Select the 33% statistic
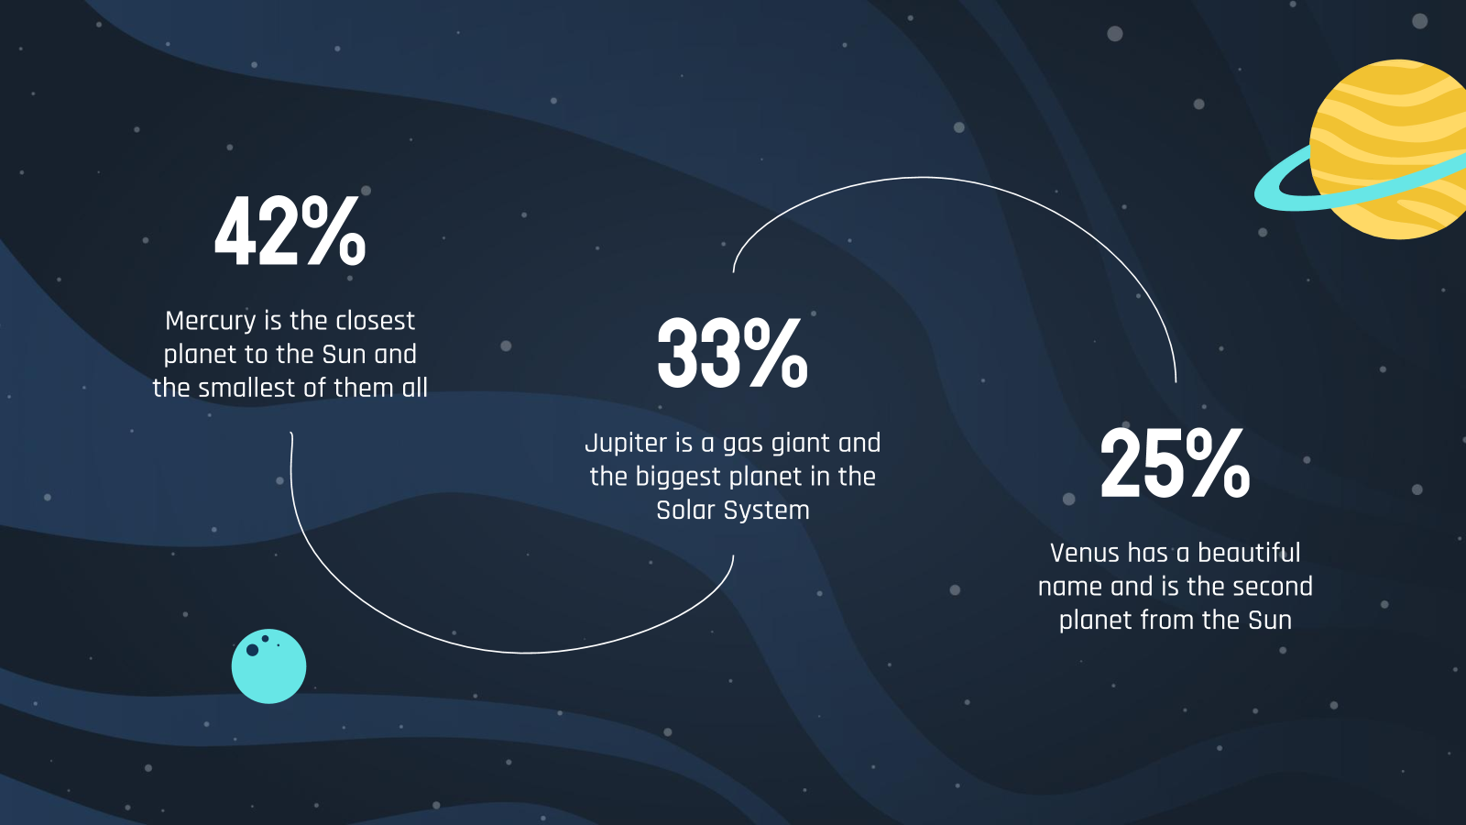[732, 353]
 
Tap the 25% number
[1175, 463]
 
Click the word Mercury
[211, 322]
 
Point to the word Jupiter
[626, 444]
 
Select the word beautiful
[1250, 554]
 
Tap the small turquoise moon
[269, 666]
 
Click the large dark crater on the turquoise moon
[252, 650]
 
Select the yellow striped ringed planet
[1387, 149]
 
